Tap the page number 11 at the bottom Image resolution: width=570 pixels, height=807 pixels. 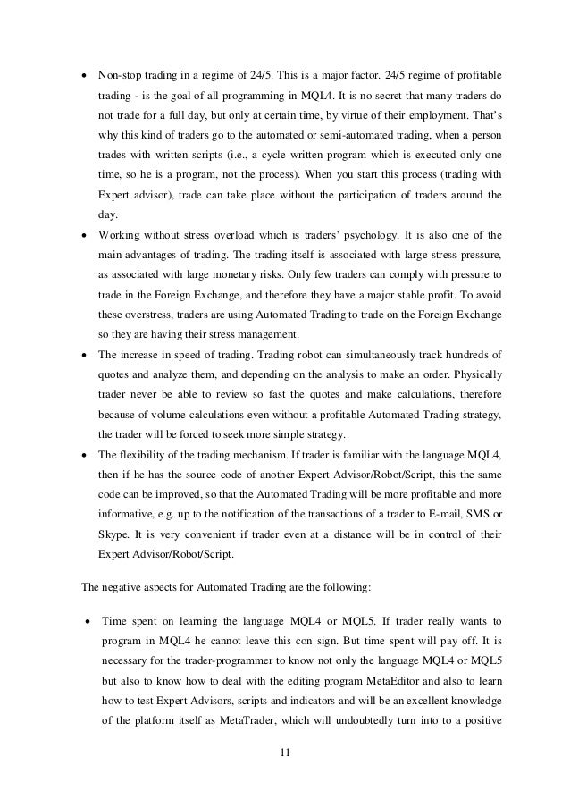pyautogui.click(x=285, y=760)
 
